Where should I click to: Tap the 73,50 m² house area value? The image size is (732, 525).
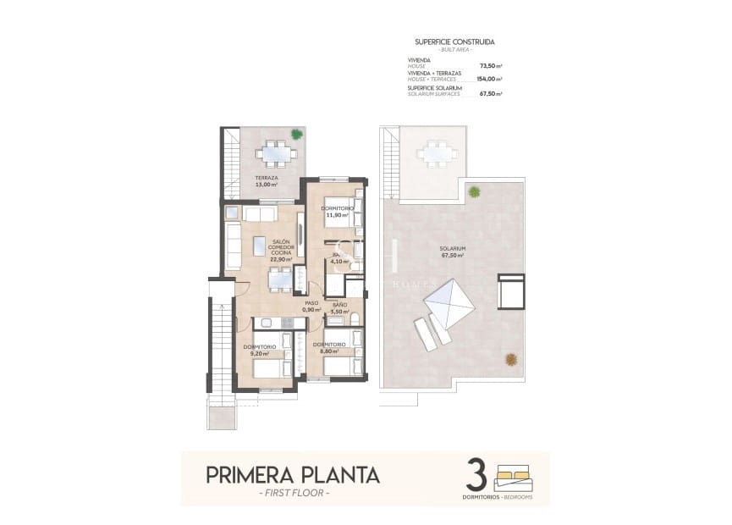point(491,64)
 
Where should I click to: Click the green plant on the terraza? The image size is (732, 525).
point(295,134)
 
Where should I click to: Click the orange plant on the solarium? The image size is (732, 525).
point(513,359)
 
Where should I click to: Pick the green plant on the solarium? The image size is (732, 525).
point(476,191)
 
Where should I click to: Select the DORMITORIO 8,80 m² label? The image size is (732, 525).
point(328,347)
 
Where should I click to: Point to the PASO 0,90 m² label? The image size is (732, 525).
point(311,306)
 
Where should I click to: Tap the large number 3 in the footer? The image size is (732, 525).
point(476,474)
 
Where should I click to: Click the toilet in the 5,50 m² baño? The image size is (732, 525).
point(356,319)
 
